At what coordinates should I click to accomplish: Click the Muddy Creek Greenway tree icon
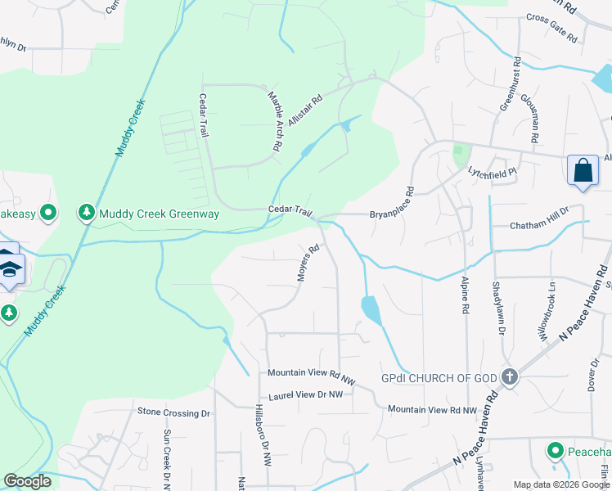pyautogui.click(x=86, y=214)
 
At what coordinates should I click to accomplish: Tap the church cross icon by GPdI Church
pyautogui.click(x=510, y=377)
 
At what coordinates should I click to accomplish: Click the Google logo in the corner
pyautogui.click(x=28, y=481)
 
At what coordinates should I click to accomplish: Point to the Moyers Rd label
pyautogui.click(x=308, y=263)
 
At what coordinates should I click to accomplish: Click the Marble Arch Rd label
pyautogui.click(x=275, y=119)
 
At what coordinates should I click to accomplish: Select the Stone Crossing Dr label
pyautogui.click(x=174, y=412)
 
